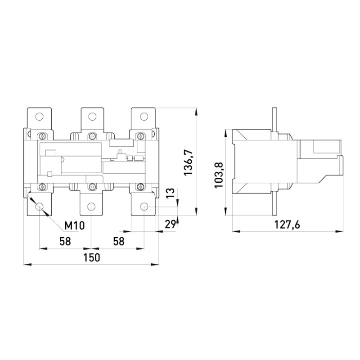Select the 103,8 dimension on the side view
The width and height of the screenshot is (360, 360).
pyautogui.click(x=219, y=175)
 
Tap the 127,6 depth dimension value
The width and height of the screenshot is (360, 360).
pyautogui.click(x=287, y=225)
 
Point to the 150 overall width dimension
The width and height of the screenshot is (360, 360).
pyautogui.click(x=92, y=257)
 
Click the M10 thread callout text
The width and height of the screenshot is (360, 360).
pyautogui.click(x=74, y=226)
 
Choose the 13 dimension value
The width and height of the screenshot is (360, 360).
pyautogui.click(x=171, y=193)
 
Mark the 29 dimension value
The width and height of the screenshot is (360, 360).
pyautogui.click(x=171, y=224)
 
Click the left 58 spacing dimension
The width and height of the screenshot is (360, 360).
pyautogui.click(x=65, y=242)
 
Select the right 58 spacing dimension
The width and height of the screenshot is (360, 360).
pyautogui.click(x=119, y=242)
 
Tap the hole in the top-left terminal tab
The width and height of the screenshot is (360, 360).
pyautogui.click(x=40, y=117)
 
